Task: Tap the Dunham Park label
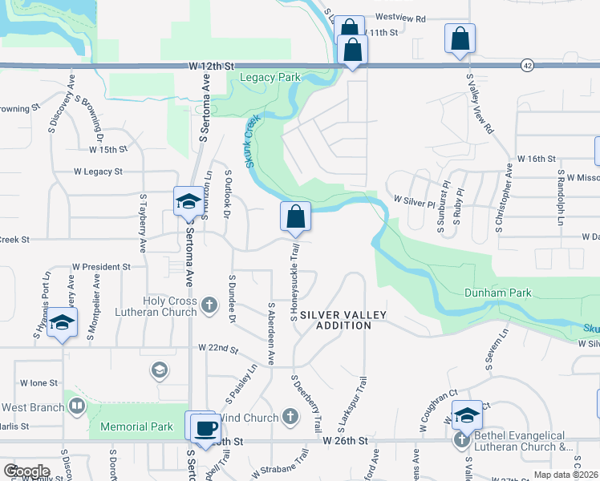497,293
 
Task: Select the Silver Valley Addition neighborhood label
343,320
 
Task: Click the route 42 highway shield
526,65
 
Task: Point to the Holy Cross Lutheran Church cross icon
209,305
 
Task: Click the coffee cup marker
205,426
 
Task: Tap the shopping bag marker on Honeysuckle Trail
296,216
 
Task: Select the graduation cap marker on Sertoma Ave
189,201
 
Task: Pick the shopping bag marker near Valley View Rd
460,38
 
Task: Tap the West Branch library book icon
76,407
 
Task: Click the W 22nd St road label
218,349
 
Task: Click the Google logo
27,471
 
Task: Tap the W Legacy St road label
98,172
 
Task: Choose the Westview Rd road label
399,17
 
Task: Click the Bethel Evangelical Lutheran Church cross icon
461,439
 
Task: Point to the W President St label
101,266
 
